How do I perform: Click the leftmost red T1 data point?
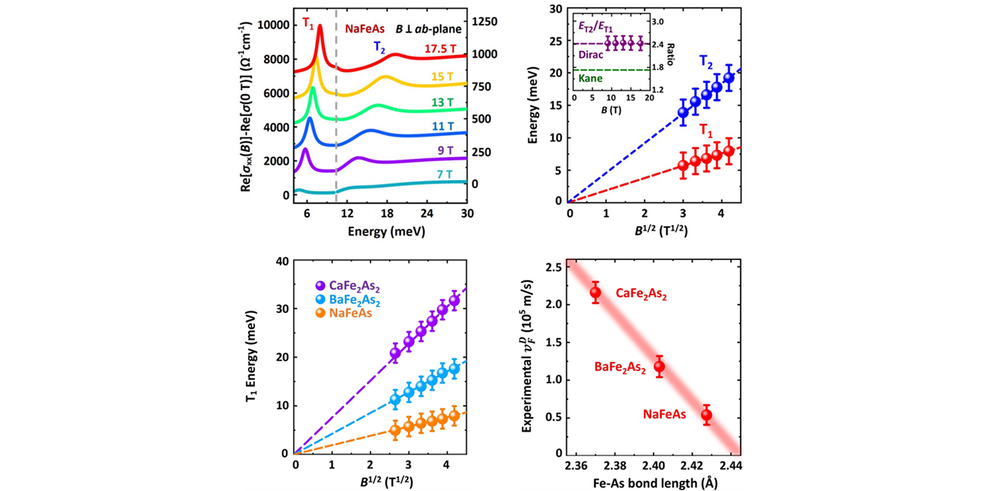(x=683, y=166)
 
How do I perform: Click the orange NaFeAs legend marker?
(x=321, y=314)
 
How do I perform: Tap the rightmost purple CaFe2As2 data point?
(x=454, y=300)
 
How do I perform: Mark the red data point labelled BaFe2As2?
(x=659, y=366)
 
